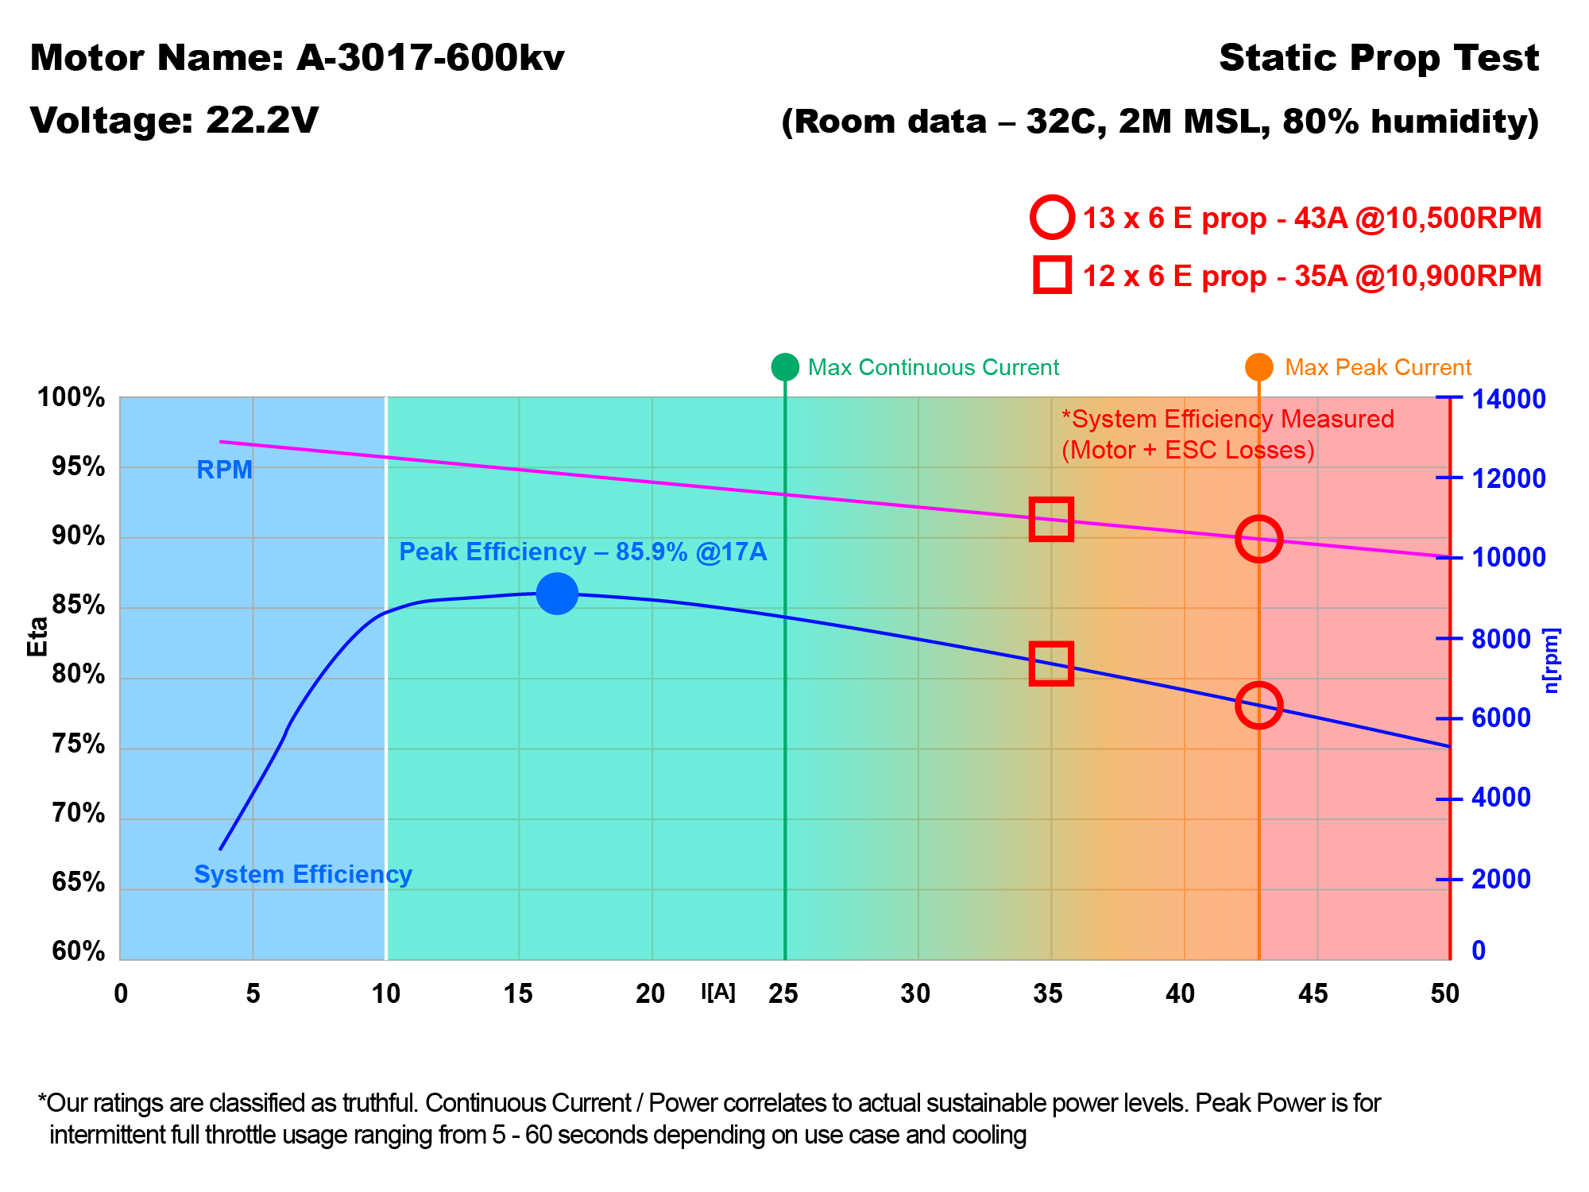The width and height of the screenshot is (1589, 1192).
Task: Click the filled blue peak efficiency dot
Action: point(557,594)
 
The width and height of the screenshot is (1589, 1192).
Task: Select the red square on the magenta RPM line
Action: point(1051,520)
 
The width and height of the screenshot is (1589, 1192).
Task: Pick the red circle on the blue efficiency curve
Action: point(1258,704)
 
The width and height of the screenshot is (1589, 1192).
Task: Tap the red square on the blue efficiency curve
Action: point(1051,664)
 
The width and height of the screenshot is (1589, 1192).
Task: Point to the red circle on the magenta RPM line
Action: point(1258,538)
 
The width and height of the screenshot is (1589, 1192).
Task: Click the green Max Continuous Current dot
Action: point(785,367)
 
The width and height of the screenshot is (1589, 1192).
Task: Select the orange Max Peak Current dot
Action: point(1258,367)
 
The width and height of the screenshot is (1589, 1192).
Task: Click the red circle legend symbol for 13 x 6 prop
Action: point(1052,217)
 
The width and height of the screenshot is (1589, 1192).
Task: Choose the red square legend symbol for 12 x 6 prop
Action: point(1052,275)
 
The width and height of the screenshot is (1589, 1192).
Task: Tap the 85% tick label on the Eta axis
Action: point(79,606)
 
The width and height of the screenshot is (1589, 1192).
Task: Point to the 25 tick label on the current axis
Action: point(783,993)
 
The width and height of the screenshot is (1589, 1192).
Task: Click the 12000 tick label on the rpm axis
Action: point(1509,478)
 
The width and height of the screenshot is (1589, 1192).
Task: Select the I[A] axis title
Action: point(718,992)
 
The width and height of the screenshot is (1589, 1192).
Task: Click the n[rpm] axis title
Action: point(1552,660)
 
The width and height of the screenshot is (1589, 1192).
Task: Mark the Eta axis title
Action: point(37,637)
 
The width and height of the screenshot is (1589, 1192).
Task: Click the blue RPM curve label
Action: point(224,470)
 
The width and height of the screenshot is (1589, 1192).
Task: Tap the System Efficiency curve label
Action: point(303,874)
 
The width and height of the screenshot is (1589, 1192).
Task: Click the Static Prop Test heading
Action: point(1378,58)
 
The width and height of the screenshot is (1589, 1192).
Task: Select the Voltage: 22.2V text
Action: point(175,120)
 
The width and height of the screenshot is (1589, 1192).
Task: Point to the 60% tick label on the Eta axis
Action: point(79,951)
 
